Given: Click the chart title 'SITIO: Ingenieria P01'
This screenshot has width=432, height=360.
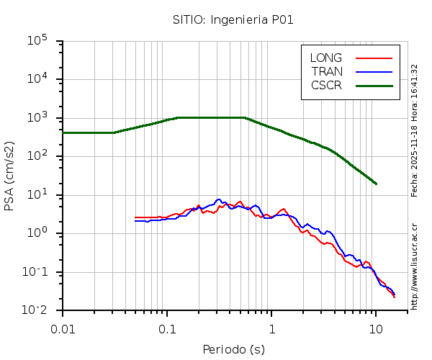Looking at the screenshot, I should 233,19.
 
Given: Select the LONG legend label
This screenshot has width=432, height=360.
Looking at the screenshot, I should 326,58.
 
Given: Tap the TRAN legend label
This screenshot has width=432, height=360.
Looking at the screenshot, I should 327,71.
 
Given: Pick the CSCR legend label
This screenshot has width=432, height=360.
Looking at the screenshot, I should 326,85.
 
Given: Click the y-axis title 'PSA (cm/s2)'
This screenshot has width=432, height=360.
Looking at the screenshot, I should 9,176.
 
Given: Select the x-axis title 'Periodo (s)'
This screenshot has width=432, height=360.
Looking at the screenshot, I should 233,350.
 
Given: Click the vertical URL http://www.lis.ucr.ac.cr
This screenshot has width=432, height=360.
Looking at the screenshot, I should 415,266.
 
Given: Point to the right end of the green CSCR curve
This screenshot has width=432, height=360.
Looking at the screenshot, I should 376,184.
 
